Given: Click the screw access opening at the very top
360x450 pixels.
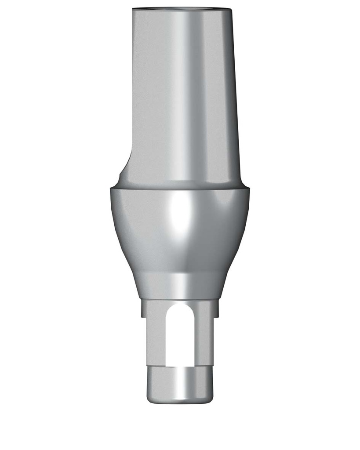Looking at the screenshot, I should pyautogui.click(x=181, y=8).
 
